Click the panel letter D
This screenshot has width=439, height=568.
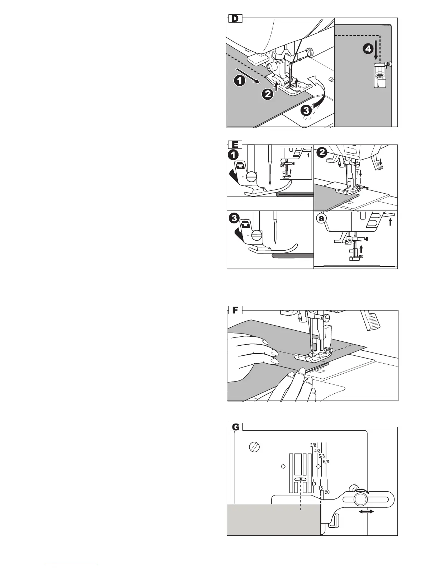click(235, 19)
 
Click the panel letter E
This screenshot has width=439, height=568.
click(235, 145)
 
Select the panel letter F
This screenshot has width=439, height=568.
click(235, 310)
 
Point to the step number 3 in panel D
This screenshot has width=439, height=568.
click(305, 110)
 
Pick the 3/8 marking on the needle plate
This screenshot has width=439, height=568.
click(313, 446)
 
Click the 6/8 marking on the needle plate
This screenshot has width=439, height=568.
click(326, 461)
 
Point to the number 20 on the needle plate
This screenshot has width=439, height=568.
click(327, 492)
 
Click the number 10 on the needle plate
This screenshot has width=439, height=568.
click(313, 484)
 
